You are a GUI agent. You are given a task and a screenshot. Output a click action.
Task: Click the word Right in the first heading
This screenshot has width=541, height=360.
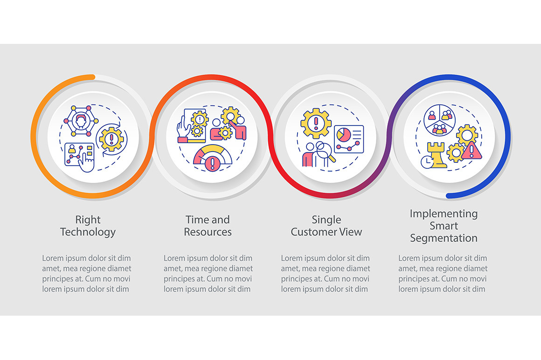click(88, 220)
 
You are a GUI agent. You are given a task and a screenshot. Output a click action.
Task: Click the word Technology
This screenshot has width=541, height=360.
click(88, 232)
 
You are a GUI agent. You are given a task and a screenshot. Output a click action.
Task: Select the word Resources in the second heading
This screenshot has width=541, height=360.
click(208, 232)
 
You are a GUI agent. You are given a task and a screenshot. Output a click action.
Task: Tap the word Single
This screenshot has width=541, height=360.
click(326, 220)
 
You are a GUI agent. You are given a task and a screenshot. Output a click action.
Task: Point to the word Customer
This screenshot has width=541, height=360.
click(313, 232)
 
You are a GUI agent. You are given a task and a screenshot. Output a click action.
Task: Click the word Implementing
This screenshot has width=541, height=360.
click(444, 214)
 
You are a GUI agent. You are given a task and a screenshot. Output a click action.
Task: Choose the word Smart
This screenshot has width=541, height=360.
click(444, 226)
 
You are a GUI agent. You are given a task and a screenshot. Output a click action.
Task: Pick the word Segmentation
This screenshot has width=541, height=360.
click(444, 238)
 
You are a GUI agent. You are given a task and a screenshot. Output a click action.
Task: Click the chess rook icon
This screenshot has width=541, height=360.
click(437, 155)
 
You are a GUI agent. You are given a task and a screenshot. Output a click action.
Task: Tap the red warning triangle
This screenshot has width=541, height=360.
click(472, 151)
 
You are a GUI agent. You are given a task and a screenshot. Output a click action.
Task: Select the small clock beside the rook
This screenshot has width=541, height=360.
click(427, 162)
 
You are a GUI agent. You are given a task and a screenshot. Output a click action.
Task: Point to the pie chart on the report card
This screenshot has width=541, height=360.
click(344, 135)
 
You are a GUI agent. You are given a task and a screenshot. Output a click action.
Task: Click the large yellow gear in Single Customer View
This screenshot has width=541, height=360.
click(316, 124)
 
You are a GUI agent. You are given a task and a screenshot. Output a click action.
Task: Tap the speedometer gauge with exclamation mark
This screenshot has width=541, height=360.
click(213, 159)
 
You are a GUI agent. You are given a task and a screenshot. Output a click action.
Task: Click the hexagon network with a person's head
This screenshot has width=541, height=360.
click(81, 121)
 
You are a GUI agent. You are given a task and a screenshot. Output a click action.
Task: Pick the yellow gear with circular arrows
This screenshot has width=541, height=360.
click(111, 139)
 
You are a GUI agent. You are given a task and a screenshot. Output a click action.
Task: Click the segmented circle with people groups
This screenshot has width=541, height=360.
click(439, 120)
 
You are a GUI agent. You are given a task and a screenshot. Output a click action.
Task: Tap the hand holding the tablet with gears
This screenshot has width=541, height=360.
click(193, 126)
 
